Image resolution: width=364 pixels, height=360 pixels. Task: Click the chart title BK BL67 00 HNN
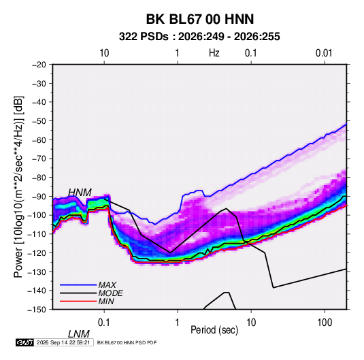tap(200, 19)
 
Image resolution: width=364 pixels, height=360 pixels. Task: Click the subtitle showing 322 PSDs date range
tap(199, 37)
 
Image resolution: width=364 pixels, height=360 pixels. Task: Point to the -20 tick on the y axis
tap(39, 65)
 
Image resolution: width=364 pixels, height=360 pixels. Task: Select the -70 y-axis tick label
tap(39, 159)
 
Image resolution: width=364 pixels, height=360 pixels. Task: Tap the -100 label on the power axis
tap(37, 215)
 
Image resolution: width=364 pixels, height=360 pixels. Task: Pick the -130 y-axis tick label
tap(37, 272)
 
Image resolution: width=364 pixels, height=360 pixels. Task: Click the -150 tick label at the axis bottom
tap(37, 310)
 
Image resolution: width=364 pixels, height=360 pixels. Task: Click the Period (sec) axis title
tap(214, 330)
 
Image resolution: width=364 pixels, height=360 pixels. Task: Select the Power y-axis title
tap(18, 186)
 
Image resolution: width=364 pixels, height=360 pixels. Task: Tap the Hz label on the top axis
tap(214, 53)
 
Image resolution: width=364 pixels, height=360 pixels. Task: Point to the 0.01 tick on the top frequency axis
tap(324, 53)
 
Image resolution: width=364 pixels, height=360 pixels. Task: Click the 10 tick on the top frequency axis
tap(104, 53)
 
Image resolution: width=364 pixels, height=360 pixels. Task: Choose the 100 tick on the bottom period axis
tap(325, 323)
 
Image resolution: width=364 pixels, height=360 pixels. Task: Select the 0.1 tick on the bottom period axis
tap(104, 323)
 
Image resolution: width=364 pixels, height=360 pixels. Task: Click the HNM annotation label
tap(80, 193)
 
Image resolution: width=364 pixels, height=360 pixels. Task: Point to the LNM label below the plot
tap(79, 334)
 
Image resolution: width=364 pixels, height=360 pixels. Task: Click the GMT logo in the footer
tap(25, 342)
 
